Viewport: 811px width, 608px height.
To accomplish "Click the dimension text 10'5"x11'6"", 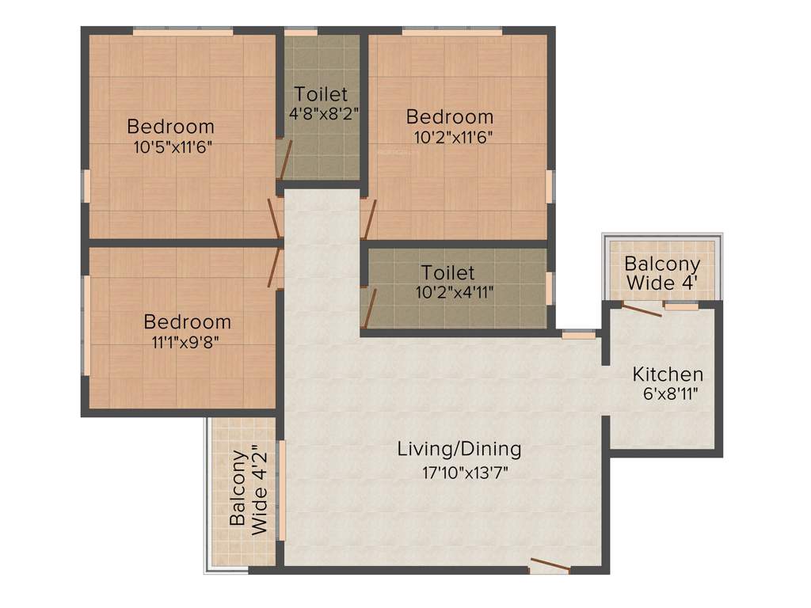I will (173, 146).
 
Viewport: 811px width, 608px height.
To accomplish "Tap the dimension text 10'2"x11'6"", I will (454, 137).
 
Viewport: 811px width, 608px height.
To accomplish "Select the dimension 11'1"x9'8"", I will (188, 342).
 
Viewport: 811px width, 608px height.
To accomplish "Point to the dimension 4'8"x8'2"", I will (324, 112).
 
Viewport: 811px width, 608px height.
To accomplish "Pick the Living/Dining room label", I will (459, 449).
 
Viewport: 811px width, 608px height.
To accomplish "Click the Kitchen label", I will (668, 374).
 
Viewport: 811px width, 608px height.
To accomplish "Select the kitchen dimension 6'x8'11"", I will (668, 393).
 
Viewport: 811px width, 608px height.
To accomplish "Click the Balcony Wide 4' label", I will (662, 273).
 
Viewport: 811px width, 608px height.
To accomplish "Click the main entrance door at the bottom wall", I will (550, 565).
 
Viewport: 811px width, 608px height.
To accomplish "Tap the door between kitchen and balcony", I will (642, 310).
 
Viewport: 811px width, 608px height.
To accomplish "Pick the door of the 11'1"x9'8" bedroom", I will (275, 268).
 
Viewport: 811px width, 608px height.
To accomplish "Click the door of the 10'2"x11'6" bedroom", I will (367, 218).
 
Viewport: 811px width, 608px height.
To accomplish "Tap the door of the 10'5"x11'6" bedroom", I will (275, 217).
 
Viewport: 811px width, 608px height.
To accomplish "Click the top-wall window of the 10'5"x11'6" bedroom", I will (183, 32).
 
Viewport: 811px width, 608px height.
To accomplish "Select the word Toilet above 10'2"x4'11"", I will (448, 273).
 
